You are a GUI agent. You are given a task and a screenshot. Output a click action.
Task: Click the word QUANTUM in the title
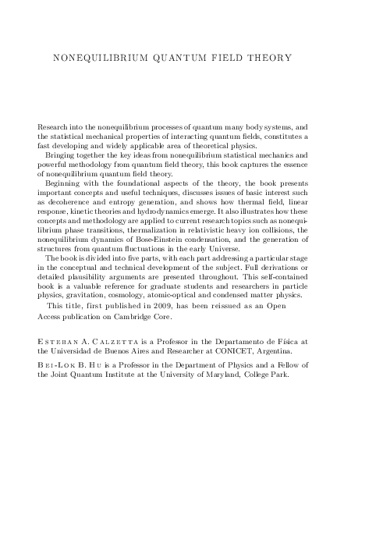[x=158, y=57]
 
